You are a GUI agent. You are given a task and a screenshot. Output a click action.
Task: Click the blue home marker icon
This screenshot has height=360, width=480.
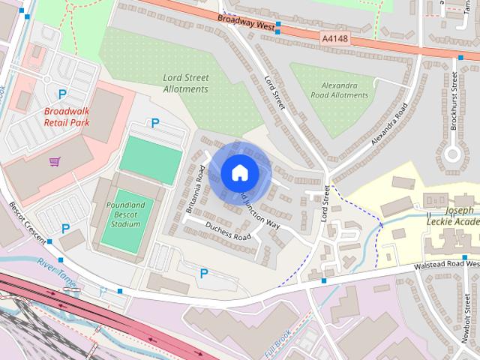click(x=239, y=173)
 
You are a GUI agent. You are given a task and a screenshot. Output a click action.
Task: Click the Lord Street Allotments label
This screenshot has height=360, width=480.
click(x=185, y=83)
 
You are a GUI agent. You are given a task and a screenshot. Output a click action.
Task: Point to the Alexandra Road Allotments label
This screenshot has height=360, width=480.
click(x=339, y=91)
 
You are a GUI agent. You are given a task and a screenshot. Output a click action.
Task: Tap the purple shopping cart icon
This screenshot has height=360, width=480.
click(x=55, y=161)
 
